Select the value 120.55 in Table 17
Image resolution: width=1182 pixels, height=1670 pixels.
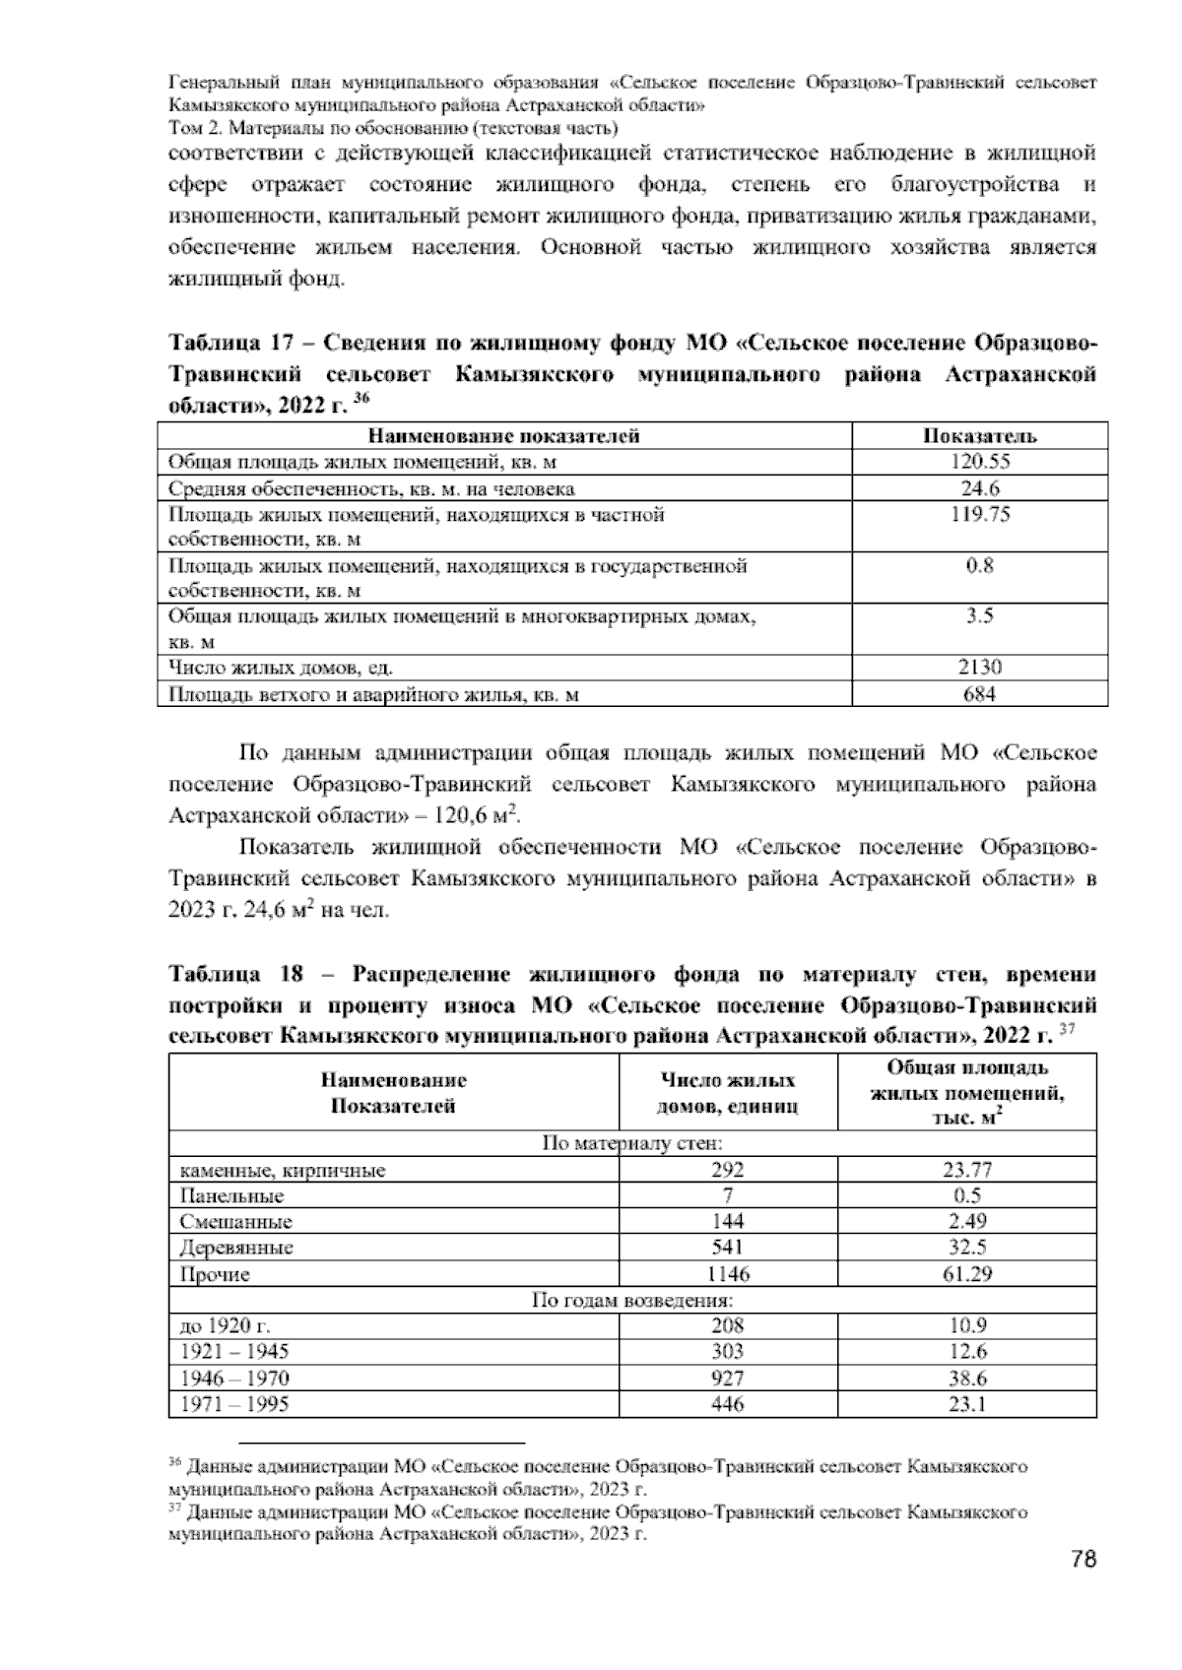click(x=979, y=462)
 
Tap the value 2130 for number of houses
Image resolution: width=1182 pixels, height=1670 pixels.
click(x=979, y=668)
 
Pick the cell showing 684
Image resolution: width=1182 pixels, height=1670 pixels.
click(x=979, y=694)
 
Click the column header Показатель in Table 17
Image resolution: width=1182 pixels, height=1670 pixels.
click(x=979, y=436)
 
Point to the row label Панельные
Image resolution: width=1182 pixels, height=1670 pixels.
click(x=231, y=1196)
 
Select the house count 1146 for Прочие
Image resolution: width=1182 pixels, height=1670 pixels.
click(x=728, y=1274)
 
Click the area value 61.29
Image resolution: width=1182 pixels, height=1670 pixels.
click(x=966, y=1274)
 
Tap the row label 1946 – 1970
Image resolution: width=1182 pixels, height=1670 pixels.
click(x=234, y=1379)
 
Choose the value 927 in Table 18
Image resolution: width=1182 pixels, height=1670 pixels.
click(x=728, y=1379)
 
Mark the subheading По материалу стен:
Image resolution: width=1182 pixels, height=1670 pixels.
click(x=632, y=1144)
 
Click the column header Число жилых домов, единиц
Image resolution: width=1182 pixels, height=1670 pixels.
click(x=728, y=1093)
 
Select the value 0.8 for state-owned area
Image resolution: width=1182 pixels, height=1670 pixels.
click(x=979, y=566)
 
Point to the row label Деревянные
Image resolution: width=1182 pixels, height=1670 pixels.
click(x=236, y=1248)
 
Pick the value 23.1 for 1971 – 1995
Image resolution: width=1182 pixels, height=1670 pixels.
click(x=966, y=1405)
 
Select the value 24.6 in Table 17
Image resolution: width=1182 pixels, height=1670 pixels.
click(x=979, y=488)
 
